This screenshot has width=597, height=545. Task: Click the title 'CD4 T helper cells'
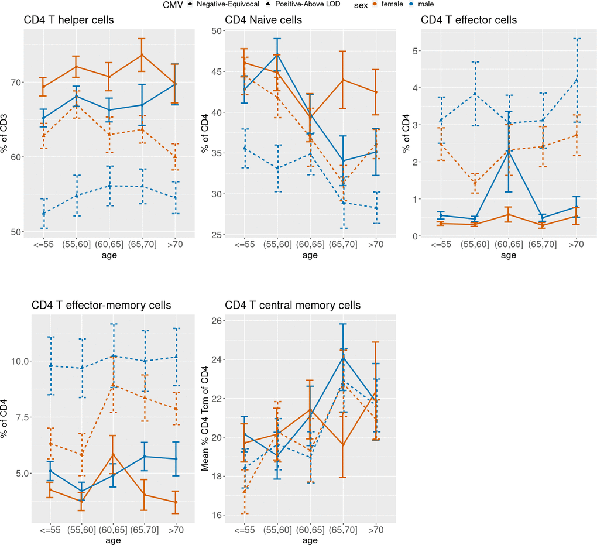[x=68, y=20]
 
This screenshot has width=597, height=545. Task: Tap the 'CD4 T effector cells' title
[x=469, y=20]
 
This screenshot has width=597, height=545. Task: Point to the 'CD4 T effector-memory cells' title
[x=101, y=306]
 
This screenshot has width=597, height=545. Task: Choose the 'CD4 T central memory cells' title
[x=293, y=306]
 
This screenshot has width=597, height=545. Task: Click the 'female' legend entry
[x=392, y=5]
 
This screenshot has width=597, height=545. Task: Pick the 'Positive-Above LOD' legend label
[x=313, y=5]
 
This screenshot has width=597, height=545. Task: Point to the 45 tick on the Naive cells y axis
[x=207, y=72]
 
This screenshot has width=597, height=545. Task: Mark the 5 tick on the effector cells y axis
[x=414, y=51]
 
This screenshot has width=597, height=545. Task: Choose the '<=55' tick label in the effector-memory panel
[x=50, y=530]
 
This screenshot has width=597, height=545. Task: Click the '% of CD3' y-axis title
[x=5, y=132]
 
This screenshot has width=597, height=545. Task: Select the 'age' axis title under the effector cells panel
[x=508, y=255]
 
